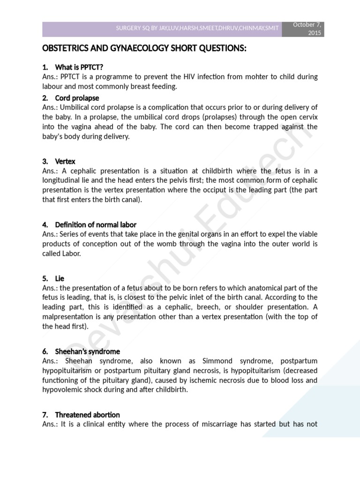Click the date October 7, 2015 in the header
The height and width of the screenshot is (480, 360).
click(x=307, y=29)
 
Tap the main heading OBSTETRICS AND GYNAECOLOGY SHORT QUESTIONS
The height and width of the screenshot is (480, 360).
click(x=144, y=49)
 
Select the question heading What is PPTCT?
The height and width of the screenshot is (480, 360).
click(x=79, y=67)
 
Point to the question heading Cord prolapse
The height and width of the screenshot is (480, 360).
click(x=77, y=98)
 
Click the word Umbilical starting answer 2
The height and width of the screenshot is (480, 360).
click(x=81, y=107)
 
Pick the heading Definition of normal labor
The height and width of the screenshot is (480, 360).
click(x=96, y=225)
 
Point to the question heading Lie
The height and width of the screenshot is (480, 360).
click(x=60, y=278)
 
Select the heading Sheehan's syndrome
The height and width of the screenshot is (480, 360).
click(x=87, y=351)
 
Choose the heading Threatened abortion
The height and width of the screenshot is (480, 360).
click(x=87, y=415)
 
